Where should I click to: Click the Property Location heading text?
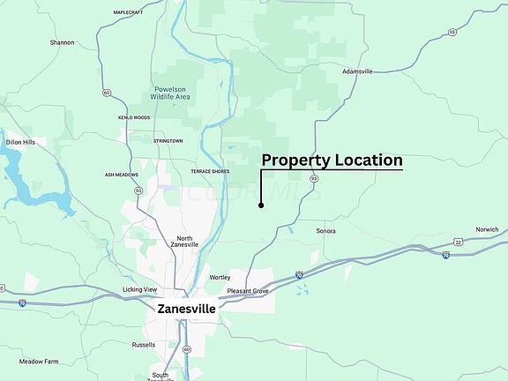(x=332, y=161)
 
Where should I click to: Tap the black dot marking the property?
(x=261, y=205)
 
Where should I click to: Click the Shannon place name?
(x=62, y=42)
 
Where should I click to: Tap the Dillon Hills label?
(x=20, y=142)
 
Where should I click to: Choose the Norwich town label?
(x=487, y=229)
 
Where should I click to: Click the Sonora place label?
(x=326, y=231)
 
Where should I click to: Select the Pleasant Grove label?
(x=247, y=290)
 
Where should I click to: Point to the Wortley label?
(x=220, y=277)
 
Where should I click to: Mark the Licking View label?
(x=139, y=289)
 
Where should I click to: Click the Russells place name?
(x=143, y=345)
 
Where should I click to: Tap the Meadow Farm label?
(x=39, y=362)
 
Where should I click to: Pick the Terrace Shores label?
(x=209, y=171)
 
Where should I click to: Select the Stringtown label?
(x=168, y=140)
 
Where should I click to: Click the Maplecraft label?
(x=129, y=13)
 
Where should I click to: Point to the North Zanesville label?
(x=184, y=242)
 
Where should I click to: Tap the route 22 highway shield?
(x=459, y=241)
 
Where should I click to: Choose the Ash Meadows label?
(x=122, y=175)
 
